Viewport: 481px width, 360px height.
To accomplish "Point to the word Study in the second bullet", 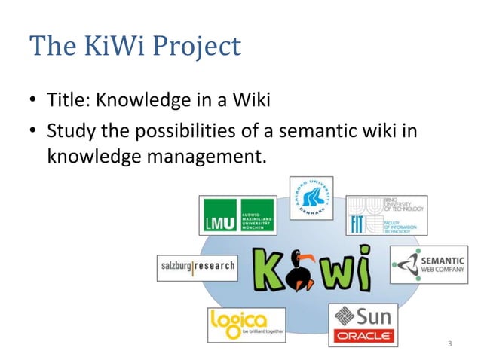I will pos(68,132).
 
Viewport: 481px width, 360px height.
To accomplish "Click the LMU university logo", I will pos(235,215).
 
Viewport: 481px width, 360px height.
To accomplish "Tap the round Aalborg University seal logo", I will pos(311,198).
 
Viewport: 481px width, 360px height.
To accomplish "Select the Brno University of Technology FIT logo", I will pos(385,216).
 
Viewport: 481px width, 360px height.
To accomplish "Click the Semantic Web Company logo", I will pos(428,264).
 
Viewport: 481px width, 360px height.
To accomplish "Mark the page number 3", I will pos(450,345).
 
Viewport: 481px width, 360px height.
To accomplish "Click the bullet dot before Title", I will pos(34,100).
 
